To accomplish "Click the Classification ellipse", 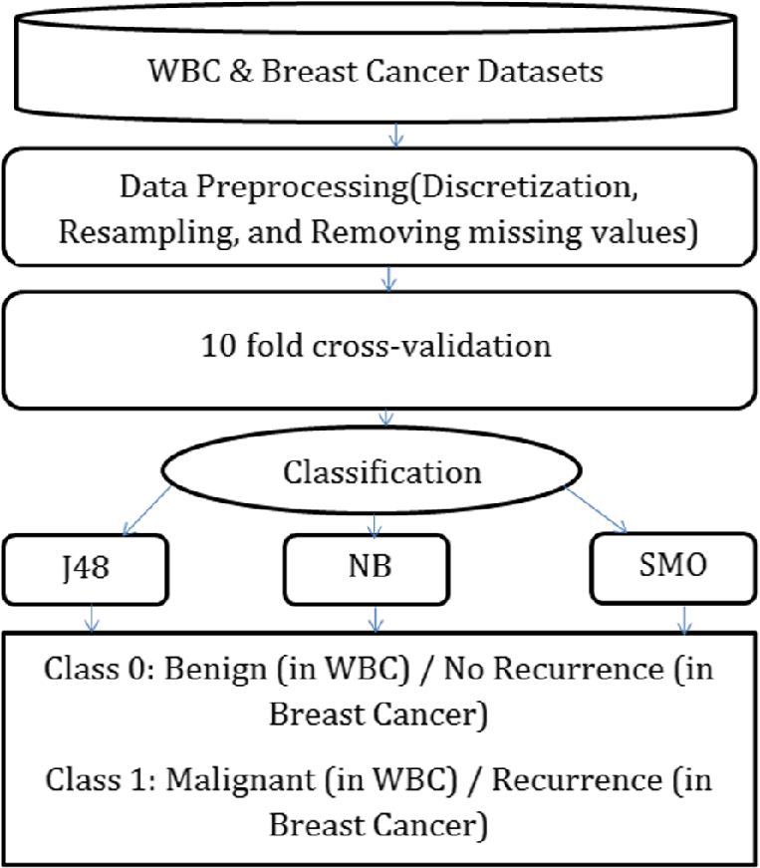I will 381,471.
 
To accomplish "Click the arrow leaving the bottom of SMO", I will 684,621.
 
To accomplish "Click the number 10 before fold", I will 244,347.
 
